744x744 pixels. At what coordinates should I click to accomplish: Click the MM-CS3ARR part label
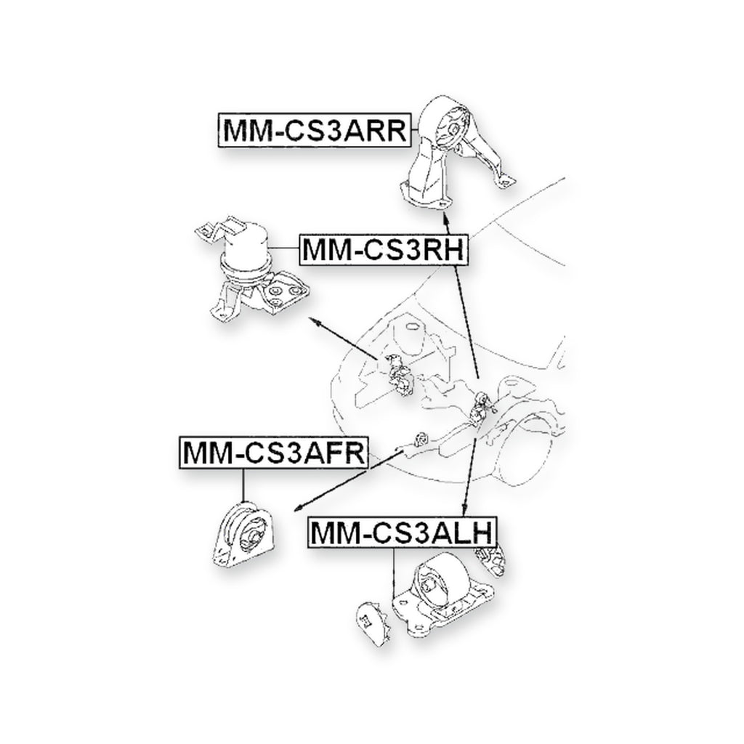point(315,130)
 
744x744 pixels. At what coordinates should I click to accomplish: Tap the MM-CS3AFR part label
point(274,453)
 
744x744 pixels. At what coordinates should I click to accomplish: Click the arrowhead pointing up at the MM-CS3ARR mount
point(445,217)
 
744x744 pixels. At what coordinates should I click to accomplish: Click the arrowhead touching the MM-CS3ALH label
point(466,511)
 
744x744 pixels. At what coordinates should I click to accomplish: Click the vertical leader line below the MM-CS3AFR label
point(243,485)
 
